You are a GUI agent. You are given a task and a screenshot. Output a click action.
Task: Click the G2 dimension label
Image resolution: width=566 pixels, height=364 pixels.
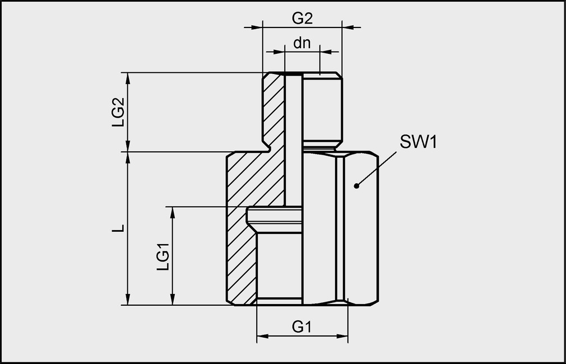302,18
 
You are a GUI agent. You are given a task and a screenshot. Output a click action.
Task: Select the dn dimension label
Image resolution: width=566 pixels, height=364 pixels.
302,43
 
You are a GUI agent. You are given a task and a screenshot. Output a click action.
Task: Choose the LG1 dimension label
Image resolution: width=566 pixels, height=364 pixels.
162,255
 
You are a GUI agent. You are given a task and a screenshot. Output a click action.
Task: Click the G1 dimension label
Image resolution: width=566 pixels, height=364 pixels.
302,327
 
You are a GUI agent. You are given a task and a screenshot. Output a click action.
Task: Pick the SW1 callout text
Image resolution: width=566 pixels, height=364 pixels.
417,142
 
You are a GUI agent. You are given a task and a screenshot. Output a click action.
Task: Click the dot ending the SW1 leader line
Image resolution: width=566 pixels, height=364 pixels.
356,185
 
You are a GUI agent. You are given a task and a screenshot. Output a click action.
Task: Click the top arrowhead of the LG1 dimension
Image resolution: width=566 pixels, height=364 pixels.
172,212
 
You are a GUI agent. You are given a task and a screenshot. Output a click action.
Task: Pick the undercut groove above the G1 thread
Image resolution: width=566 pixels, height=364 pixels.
275,214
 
